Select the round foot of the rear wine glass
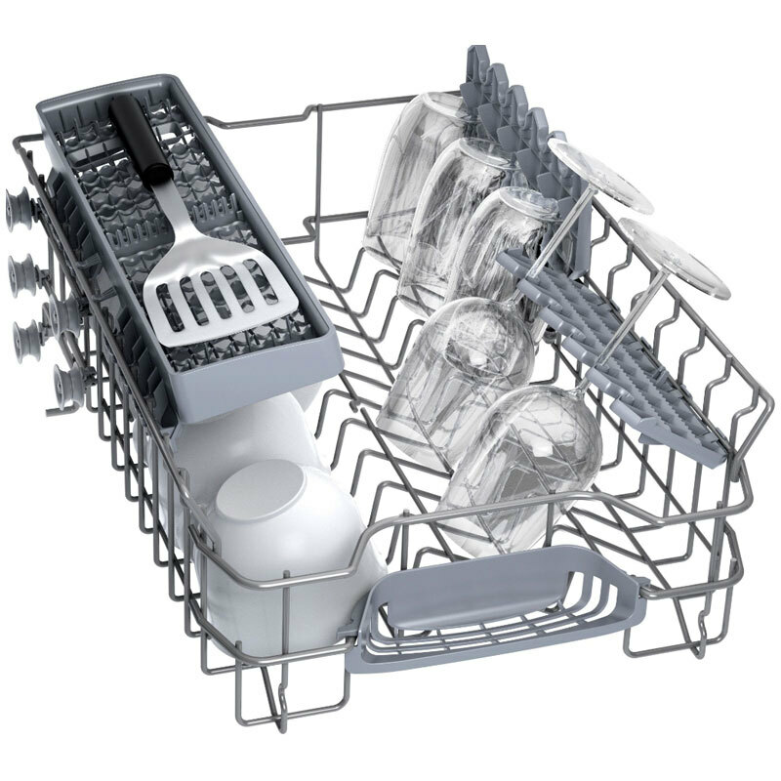[x=600, y=174]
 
